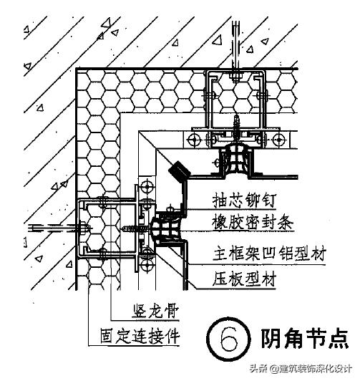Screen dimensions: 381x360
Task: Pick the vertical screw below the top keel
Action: pyautogui.click(x=236, y=128)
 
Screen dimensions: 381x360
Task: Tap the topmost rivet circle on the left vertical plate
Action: pyautogui.click(x=147, y=188)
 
